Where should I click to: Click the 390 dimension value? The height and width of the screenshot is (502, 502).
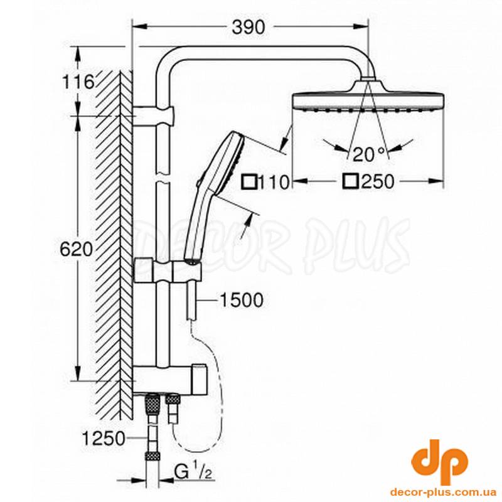pyautogui.click(x=248, y=27)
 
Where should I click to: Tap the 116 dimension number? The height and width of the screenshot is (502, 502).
pyautogui.click(x=78, y=82)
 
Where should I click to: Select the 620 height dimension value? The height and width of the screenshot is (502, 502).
pyautogui.click(x=76, y=248)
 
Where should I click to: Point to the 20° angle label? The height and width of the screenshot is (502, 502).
pyautogui.click(x=368, y=155)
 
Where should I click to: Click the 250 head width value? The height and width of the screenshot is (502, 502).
pyautogui.click(x=378, y=181)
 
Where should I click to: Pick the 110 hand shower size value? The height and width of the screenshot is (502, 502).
pyautogui.click(x=274, y=183)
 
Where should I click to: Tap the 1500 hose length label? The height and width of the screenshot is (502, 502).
pyautogui.click(x=242, y=301)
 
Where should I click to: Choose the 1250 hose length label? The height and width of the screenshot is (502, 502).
pyautogui.click(x=103, y=438)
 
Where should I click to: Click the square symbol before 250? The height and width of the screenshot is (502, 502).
pyautogui.click(x=350, y=181)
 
